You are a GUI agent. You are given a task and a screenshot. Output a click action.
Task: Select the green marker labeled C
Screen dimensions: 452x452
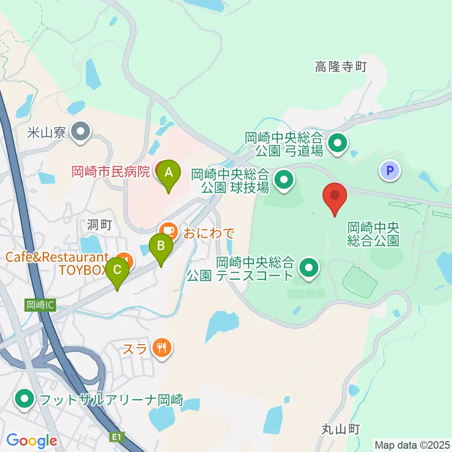(117, 270)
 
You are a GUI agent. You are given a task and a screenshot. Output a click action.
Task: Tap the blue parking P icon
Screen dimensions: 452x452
(390, 171)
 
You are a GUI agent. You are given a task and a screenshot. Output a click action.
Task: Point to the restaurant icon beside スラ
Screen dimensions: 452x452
(162, 348)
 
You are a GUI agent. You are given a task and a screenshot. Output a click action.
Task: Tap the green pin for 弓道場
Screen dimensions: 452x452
(337, 143)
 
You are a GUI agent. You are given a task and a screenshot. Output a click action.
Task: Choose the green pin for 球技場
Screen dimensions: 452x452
(284, 179)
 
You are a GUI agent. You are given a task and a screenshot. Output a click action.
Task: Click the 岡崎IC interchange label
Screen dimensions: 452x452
(40, 305)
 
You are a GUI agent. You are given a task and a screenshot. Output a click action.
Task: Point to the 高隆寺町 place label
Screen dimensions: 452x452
(340, 67)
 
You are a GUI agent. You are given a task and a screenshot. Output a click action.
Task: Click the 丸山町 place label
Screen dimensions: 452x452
(341, 429)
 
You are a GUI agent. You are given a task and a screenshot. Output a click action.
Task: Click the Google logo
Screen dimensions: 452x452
(32, 441)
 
